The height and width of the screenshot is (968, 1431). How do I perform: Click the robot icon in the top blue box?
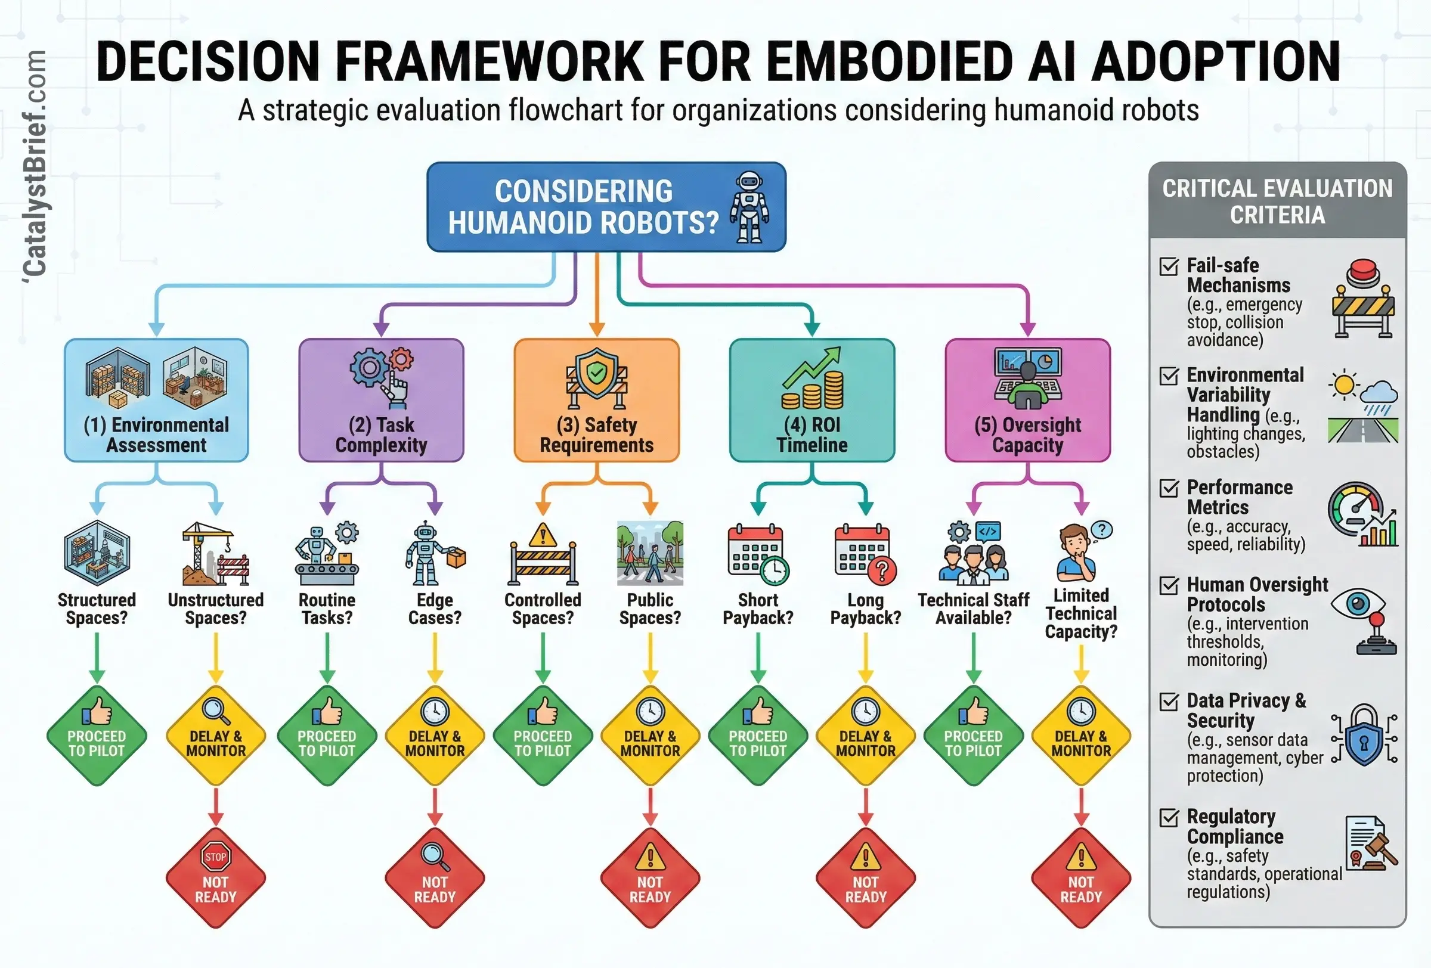pos(749,207)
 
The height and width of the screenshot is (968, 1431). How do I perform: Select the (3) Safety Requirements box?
pos(596,400)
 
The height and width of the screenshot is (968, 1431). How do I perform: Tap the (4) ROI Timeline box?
pos(811,400)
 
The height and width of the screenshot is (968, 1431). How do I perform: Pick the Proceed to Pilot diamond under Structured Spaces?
pos(97,736)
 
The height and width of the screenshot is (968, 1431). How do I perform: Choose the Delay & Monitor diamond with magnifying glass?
pos(215,736)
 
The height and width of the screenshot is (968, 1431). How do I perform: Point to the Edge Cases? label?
pos(435,609)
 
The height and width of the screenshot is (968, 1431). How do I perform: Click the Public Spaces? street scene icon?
pos(651,553)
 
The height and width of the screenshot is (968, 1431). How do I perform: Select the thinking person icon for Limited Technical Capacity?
pos(1079,553)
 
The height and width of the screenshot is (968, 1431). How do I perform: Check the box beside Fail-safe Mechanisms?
pos(1169,266)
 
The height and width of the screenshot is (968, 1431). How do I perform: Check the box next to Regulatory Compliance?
pos(1169,818)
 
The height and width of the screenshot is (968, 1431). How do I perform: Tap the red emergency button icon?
pos(1363,273)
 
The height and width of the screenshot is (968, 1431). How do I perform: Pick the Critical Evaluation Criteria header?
pos(1277,201)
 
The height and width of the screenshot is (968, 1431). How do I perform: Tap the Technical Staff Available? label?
pos(973,609)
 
